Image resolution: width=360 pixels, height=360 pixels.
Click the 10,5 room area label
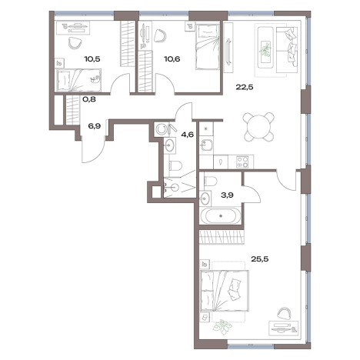click(x=92, y=59)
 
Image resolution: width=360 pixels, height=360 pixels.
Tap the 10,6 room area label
click(x=172, y=59)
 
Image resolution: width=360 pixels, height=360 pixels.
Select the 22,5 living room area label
click(x=245, y=87)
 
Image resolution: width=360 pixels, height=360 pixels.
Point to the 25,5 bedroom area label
click(x=259, y=259)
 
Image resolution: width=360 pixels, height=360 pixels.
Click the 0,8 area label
click(x=89, y=99)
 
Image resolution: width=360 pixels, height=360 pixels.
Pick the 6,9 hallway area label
click(x=94, y=126)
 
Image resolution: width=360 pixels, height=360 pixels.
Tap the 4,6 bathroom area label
click(x=188, y=135)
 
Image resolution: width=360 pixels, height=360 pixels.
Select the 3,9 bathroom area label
click(x=227, y=195)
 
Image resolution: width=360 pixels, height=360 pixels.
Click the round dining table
click(x=259, y=127)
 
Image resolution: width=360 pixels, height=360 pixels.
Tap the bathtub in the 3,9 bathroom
click(x=221, y=215)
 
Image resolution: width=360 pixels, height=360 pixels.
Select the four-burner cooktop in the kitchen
click(x=242, y=162)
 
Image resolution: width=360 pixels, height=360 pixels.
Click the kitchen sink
click(x=207, y=145)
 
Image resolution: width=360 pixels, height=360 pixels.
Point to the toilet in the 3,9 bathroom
click(x=210, y=181)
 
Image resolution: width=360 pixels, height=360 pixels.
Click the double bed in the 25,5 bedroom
click(x=225, y=291)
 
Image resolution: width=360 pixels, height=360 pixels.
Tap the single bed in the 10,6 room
click(x=208, y=46)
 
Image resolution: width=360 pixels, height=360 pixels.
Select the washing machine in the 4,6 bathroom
click(x=162, y=129)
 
